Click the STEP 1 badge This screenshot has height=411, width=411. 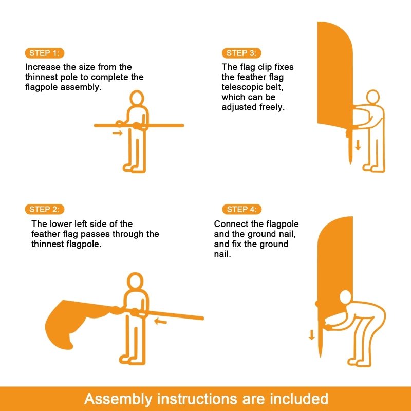(45, 53)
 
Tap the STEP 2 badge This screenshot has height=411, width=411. (45, 209)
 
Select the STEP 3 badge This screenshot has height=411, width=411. (241, 53)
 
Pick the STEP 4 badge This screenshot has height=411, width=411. (241, 209)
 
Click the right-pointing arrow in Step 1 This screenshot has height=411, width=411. (118, 133)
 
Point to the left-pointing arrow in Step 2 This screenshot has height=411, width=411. (160, 321)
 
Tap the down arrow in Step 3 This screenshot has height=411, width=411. (358, 145)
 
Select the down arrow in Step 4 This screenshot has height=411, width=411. (312, 335)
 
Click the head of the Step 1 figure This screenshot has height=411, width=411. (137, 98)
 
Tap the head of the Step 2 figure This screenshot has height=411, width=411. (135, 281)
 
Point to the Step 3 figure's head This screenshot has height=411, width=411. (373, 97)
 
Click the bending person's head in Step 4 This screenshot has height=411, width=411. (345, 297)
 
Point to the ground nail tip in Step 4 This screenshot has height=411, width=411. (320, 356)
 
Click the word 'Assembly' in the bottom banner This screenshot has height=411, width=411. (118, 399)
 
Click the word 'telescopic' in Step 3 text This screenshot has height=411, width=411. (242, 87)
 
